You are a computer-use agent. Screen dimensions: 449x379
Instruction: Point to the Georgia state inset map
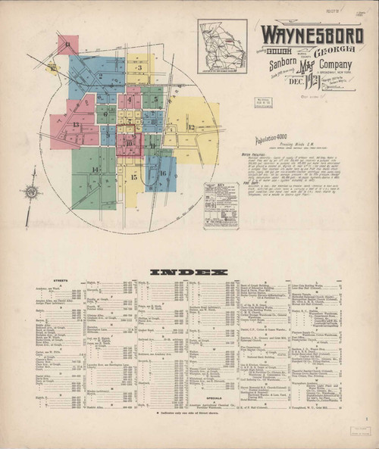point(222,46)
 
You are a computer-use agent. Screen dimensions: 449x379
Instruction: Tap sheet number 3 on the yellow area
point(139,67)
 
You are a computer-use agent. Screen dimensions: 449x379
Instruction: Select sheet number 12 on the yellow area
point(191,126)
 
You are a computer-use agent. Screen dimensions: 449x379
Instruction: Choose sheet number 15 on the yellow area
point(133,178)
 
